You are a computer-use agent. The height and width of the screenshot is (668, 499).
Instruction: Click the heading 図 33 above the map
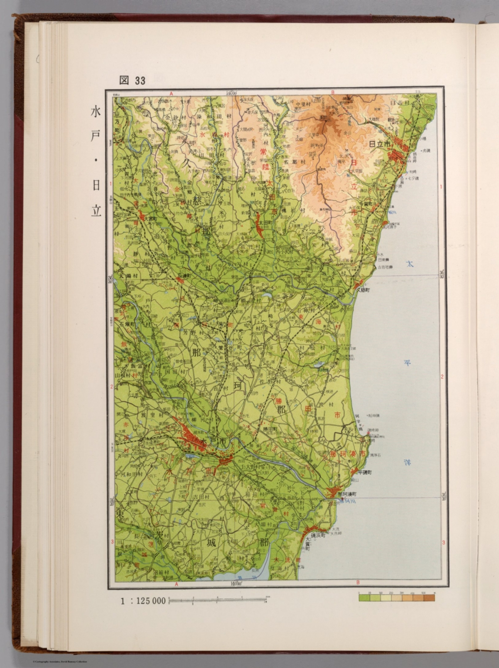pos(132,80)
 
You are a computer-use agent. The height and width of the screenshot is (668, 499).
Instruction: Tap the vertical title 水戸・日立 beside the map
pos(96,161)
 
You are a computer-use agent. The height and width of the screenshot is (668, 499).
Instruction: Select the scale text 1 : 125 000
pos(143,601)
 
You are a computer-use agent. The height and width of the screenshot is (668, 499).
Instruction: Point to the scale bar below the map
pos(218,601)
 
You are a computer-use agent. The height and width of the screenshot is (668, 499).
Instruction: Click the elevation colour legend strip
pos(396,598)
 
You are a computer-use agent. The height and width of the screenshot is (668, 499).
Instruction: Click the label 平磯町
pos(365,472)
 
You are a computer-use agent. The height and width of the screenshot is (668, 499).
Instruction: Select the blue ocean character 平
pos(408,363)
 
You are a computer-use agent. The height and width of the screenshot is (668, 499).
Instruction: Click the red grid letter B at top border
pos(333,92)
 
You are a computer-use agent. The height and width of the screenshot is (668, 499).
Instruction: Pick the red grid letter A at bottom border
pos(177,584)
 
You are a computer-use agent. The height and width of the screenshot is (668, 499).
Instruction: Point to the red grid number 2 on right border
pos(442,377)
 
